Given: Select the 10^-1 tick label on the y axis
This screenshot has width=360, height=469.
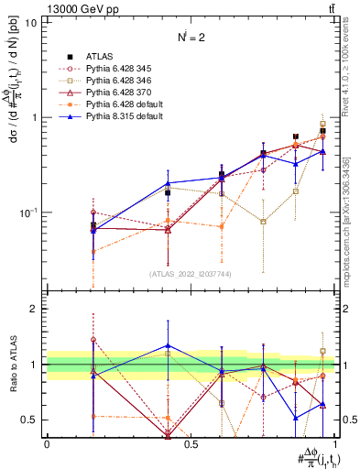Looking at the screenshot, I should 27,213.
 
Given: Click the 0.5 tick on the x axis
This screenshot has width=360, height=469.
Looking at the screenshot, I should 191,443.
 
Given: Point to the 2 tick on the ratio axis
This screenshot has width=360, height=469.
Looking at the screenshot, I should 33,309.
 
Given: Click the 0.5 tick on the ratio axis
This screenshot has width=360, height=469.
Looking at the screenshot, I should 29,420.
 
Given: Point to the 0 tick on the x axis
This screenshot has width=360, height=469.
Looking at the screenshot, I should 47,443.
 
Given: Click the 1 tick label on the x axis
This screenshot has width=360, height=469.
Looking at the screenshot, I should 336,443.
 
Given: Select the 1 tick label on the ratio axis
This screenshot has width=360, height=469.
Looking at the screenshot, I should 33,365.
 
